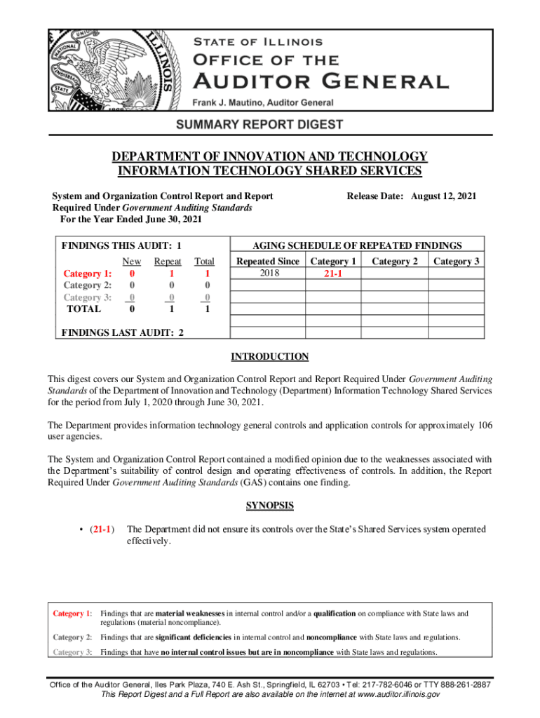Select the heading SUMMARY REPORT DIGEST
269,126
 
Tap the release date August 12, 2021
443,197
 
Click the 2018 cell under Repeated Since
269,273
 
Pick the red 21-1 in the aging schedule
333,273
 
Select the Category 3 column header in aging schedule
456,262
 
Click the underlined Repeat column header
168,262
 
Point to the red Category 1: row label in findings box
87,273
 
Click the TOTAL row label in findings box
83,309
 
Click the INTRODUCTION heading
270,357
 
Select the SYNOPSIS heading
270,506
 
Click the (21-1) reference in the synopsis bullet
102,529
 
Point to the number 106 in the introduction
483,426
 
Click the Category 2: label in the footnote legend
73,637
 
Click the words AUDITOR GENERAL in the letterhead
321,81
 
